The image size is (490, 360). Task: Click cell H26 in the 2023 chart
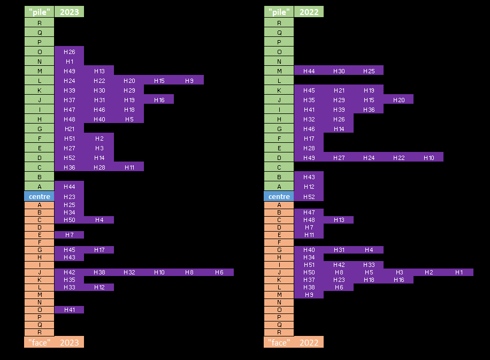pyautogui.click(x=69, y=52)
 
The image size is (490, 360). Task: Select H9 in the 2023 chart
pyautogui.click(x=189, y=81)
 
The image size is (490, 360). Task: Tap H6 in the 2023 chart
pyautogui.click(x=219, y=272)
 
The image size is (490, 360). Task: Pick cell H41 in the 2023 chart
pyautogui.click(x=69, y=310)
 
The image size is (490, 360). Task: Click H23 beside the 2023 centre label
pyautogui.click(x=69, y=196)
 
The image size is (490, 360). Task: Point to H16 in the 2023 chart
pyautogui.click(x=159, y=100)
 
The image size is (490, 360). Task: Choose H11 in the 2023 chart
pyautogui.click(x=129, y=167)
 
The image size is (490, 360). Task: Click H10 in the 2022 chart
pyautogui.click(x=429, y=158)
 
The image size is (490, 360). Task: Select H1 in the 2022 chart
pyautogui.click(x=459, y=272)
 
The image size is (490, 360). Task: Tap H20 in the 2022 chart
pyautogui.click(x=399, y=100)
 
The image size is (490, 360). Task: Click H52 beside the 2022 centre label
pyautogui.click(x=309, y=196)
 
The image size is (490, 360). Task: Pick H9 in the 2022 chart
pyautogui.click(x=309, y=295)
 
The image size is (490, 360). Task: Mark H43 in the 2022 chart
pyautogui.click(x=309, y=177)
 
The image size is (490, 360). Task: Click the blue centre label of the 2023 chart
pyautogui.click(x=40, y=196)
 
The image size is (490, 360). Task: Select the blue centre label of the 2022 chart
pyautogui.click(x=279, y=196)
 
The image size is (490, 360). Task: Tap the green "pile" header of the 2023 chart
pyautogui.click(x=40, y=12)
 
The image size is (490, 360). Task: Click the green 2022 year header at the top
pyautogui.click(x=309, y=12)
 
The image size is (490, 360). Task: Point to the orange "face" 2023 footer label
pyautogui.click(x=54, y=342)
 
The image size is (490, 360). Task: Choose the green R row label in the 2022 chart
pyautogui.click(x=279, y=23)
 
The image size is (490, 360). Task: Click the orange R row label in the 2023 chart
pyautogui.click(x=40, y=332)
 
